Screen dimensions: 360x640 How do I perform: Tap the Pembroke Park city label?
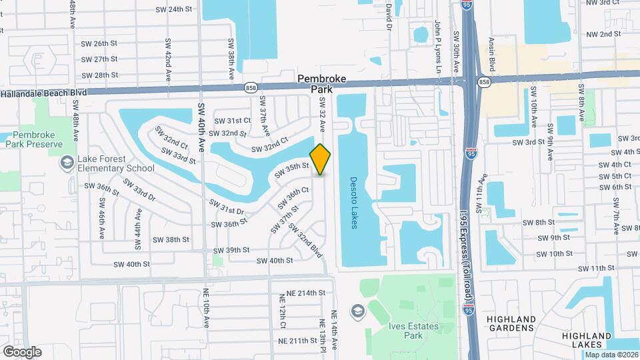click(x=321, y=83)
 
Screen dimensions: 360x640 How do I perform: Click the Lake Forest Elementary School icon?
click(x=67, y=163)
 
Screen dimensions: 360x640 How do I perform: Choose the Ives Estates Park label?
click(x=405, y=331)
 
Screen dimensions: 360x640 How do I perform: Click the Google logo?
click(x=22, y=352)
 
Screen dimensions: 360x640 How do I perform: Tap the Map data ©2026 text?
click(x=611, y=354)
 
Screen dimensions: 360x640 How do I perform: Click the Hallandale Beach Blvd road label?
click(x=44, y=93)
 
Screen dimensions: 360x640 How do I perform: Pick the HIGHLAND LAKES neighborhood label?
click(x=586, y=339)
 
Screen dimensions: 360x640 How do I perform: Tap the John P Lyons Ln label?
click(x=438, y=37)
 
